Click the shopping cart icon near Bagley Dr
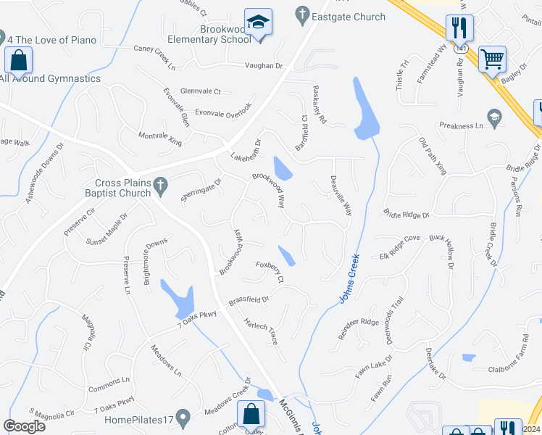493,59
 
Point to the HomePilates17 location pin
183,418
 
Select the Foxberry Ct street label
268,269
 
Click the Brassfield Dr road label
249,299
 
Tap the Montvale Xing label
160,136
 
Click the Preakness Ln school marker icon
495,117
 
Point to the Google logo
25,426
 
